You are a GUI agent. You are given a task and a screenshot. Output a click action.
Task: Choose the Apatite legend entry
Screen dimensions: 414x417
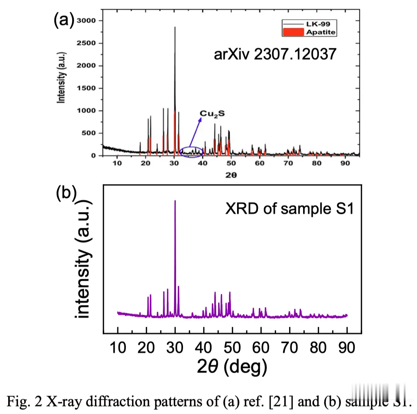[320, 32]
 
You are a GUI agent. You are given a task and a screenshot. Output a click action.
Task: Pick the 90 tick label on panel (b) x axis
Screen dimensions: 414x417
[347, 348]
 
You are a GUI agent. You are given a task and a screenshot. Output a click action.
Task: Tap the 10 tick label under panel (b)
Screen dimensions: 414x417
[118, 348]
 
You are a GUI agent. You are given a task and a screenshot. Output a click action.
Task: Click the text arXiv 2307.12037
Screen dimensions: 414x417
[276, 54]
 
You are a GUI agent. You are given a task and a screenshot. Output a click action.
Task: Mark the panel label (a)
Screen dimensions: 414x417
[63, 20]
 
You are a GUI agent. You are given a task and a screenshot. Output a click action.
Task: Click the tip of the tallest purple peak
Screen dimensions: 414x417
[175, 201]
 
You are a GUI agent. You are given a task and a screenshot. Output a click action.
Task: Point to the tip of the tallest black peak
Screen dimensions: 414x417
[175, 27]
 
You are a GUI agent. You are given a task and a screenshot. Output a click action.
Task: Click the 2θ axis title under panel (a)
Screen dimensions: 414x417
[232, 174]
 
